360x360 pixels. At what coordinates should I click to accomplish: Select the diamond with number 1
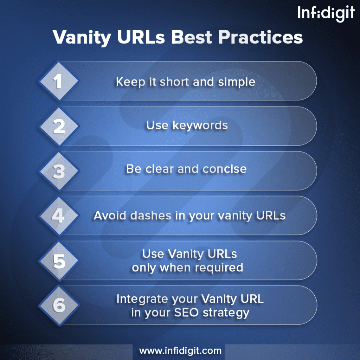pyautogui.click(x=59, y=81)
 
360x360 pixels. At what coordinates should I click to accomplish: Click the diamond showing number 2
pyautogui.click(x=59, y=126)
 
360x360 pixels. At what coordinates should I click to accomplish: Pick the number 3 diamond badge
pyautogui.click(x=59, y=171)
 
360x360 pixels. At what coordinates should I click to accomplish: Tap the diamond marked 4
pyautogui.click(x=59, y=216)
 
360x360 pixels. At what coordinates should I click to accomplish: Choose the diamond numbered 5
pyautogui.click(x=59, y=261)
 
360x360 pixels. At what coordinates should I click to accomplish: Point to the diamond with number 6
pyautogui.click(x=59, y=305)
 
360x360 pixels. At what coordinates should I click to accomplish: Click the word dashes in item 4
pyautogui.click(x=151, y=215)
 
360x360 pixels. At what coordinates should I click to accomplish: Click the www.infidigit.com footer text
pyautogui.click(x=180, y=351)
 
